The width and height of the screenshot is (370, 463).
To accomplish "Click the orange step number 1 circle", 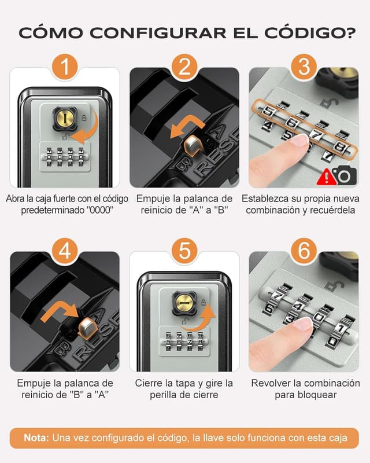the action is [65, 67].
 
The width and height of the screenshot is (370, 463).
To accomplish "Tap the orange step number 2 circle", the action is [184, 67].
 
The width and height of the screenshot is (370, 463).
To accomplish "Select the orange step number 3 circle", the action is [304, 67].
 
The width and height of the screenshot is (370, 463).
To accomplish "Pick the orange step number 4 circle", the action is [65, 251].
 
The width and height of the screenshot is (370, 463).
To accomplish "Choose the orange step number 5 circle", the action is [184, 251].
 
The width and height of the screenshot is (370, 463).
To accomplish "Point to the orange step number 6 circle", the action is [304, 251].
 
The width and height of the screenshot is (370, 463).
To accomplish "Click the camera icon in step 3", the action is [344, 175].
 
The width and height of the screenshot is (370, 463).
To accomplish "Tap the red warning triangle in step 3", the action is [325, 177].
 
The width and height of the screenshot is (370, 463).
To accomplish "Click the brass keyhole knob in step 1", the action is [65, 119].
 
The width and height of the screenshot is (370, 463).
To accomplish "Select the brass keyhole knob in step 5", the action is [184, 303].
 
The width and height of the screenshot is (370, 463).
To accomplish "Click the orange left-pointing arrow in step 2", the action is [186, 127].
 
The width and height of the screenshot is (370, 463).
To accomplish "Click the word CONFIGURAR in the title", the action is [158, 32].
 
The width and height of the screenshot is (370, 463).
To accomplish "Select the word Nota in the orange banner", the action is [36, 438].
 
